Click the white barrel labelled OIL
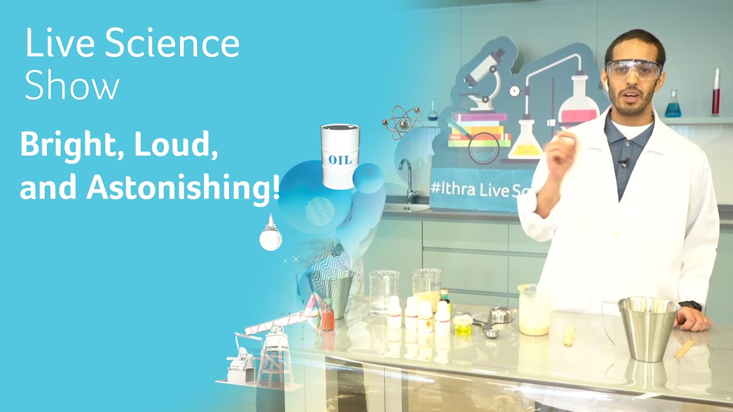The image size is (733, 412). coord(340,156)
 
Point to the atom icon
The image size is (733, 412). coord(402,121)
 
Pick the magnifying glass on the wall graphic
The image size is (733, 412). coord(482,146)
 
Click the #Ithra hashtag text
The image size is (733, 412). coord(452,189)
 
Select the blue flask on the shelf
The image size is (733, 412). coord(673,105)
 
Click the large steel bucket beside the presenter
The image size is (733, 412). coord(648,328)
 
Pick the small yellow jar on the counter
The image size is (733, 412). coord(462,324)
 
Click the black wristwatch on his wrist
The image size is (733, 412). coord(692,306)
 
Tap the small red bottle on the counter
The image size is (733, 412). coord(327,318)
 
